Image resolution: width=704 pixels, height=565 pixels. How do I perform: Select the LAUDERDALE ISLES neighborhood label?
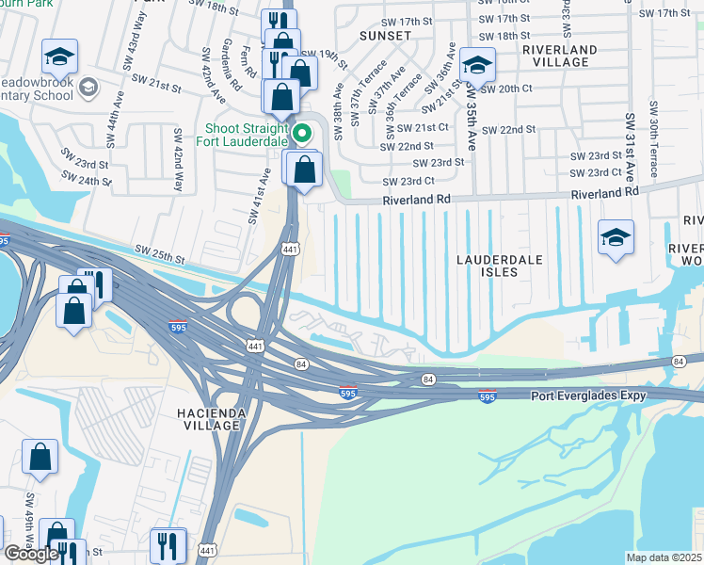[x=488, y=265]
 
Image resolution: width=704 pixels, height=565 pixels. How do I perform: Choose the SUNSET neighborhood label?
[x=385, y=36]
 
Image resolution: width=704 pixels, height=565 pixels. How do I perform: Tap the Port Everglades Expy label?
[x=588, y=395]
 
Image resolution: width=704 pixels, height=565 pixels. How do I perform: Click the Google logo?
[x=31, y=554]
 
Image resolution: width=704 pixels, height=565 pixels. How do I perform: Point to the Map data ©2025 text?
[x=664, y=557]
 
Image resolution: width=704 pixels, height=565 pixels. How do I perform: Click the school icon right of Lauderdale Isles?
[x=616, y=237]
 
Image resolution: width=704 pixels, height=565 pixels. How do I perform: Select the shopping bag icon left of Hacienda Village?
[x=40, y=458]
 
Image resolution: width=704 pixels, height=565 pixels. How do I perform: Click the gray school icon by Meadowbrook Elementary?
[x=89, y=88]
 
